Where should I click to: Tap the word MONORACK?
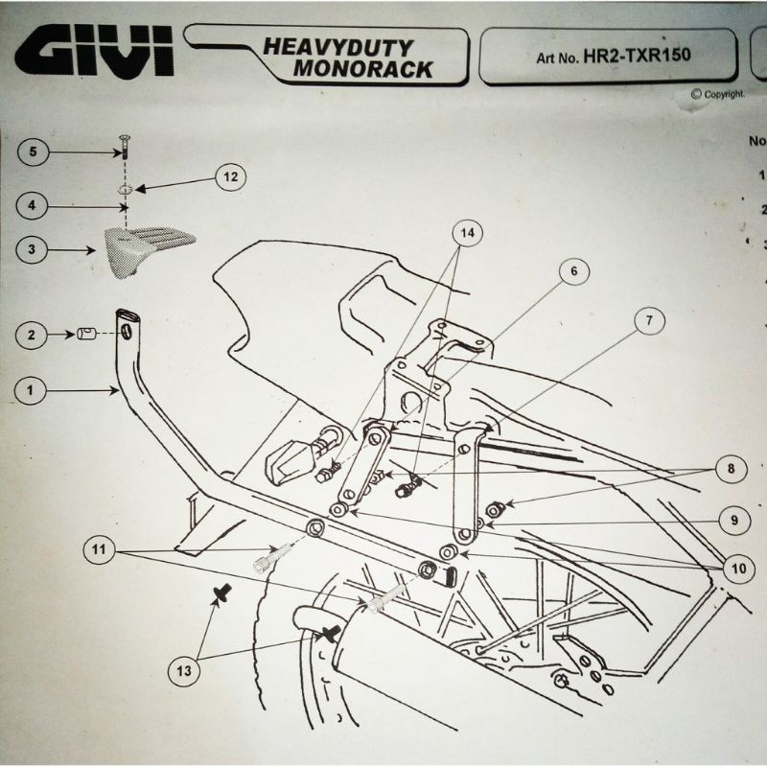click(363, 69)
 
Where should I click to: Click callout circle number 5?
click(33, 152)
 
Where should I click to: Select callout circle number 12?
click(229, 176)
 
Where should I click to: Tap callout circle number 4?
click(33, 205)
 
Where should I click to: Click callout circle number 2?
click(33, 335)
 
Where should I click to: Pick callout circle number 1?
click(33, 390)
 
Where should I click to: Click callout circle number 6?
click(573, 271)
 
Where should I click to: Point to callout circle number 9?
click(732, 521)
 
